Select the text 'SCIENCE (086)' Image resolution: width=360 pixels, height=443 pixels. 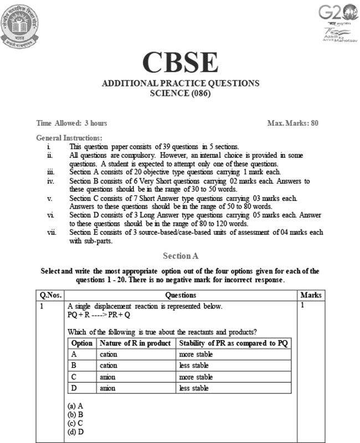click(181, 93)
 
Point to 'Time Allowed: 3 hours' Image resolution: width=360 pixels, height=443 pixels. click(71, 123)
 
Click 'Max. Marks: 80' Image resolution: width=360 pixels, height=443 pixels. click(292, 123)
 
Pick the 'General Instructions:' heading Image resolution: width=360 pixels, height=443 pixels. click(69, 137)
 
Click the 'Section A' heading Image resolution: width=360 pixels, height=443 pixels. click(181, 256)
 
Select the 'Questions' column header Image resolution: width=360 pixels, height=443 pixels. click(181, 295)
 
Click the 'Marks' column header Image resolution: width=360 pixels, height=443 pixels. click(310, 295)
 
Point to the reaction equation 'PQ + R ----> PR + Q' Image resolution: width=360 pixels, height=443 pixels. click(99, 315)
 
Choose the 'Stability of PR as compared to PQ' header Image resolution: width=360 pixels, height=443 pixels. click(233, 343)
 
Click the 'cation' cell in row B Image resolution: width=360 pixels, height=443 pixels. click(109, 365)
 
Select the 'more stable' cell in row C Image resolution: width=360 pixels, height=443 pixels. click(194, 377)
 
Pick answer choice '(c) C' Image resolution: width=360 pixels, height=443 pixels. click(75, 423)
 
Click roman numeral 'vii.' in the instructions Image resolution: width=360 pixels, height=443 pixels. click(52, 233)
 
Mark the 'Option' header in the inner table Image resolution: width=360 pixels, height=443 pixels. click(82, 343)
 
